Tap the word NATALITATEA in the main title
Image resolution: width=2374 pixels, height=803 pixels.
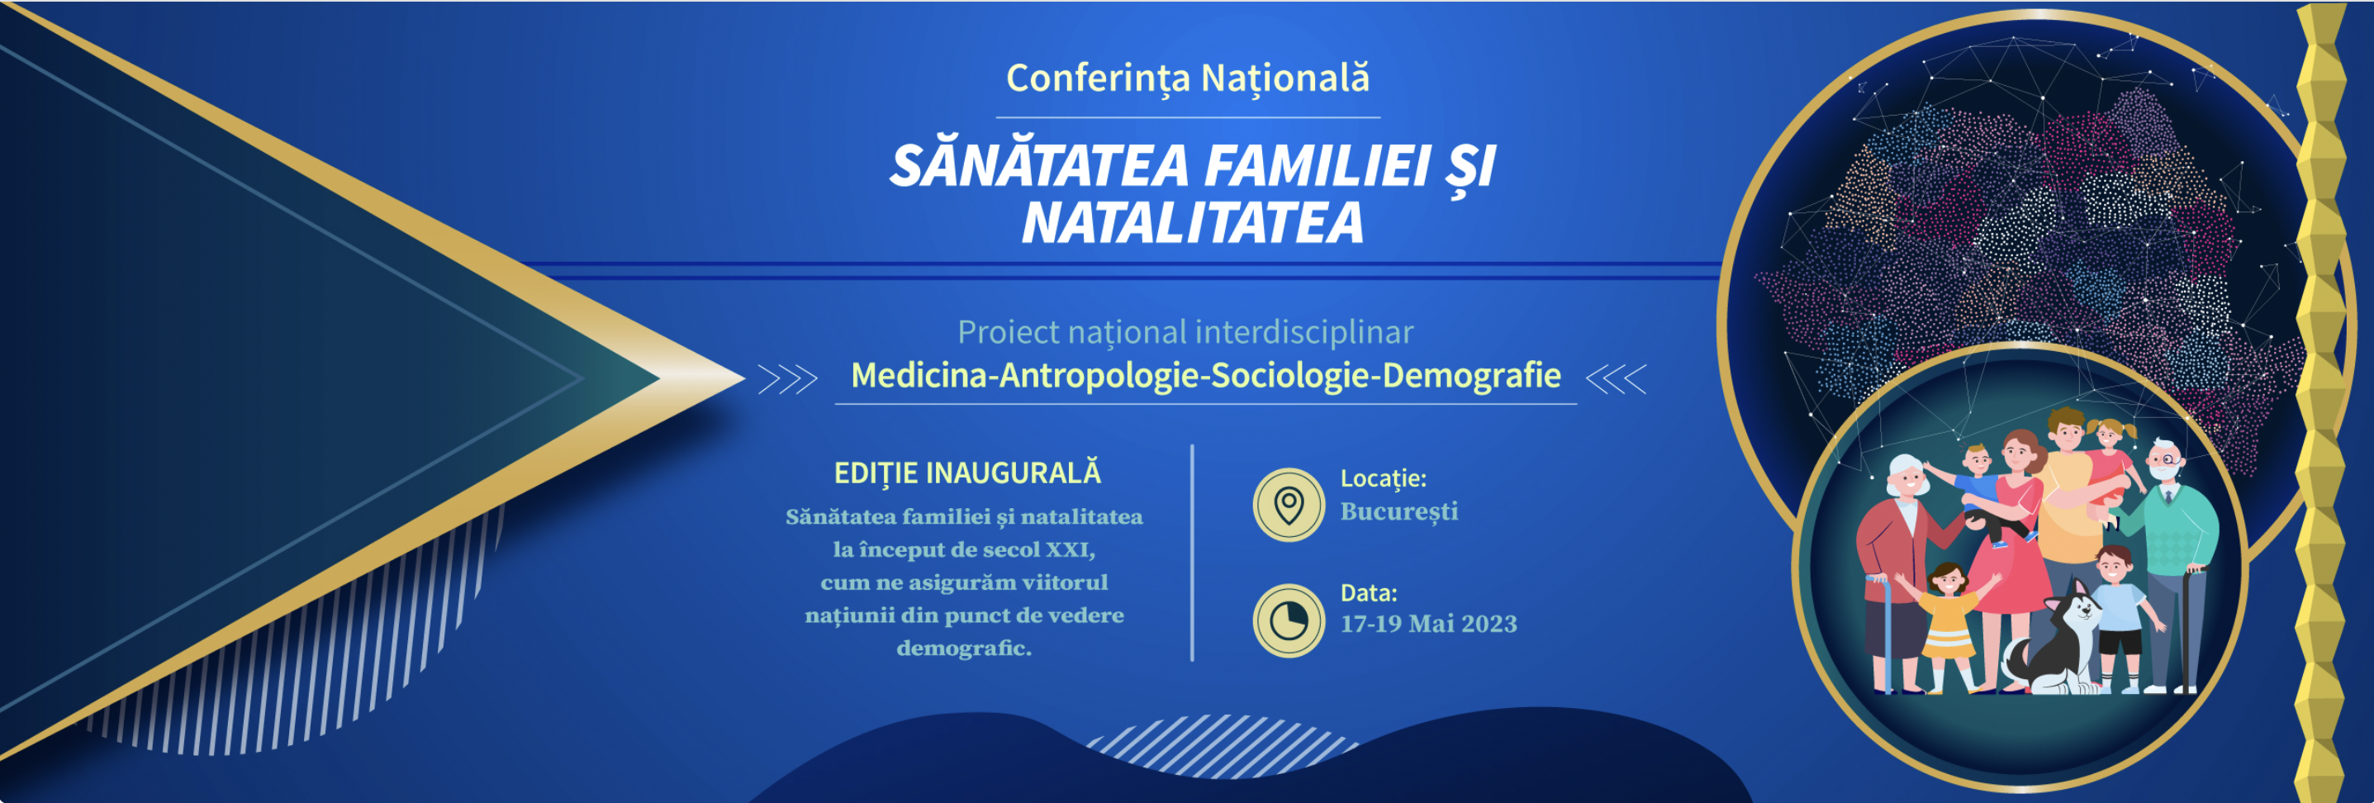(1192, 223)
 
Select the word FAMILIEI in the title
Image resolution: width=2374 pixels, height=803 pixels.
(1318, 166)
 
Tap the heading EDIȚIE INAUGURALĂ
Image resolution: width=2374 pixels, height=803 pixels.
(966, 473)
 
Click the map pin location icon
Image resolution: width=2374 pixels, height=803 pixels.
(1289, 506)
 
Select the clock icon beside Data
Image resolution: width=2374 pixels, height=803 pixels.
(1289, 620)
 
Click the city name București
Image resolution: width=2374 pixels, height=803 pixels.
(1399, 511)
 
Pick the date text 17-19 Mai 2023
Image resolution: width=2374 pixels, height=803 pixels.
(1428, 625)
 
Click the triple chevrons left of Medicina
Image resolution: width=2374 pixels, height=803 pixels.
(788, 379)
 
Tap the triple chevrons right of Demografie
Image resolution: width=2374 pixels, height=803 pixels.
(1617, 379)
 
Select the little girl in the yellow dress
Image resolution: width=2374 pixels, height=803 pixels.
(1946, 627)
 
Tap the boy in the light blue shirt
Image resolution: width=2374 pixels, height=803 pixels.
(2117, 618)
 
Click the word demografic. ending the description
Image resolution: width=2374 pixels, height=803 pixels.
(964, 649)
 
